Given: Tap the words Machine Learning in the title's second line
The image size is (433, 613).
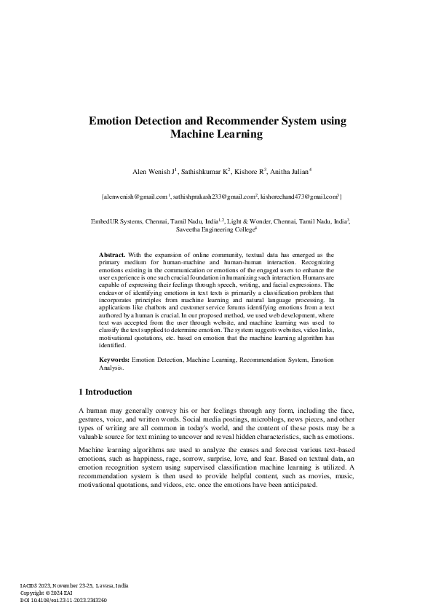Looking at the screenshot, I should click(x=216, y=135).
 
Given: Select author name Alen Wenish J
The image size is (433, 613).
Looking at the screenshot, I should click(x=151, y=172).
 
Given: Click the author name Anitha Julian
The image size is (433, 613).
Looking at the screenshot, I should click(x=289, y=172).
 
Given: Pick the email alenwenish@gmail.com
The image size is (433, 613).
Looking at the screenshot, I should click(x=135, y=197).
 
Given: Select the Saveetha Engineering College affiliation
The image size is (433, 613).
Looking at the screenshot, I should click(x=215, y=229).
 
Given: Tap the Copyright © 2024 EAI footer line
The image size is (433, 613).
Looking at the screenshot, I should click(x=47, y=593).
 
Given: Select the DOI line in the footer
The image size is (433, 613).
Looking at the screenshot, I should click(x=63, y=600).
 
